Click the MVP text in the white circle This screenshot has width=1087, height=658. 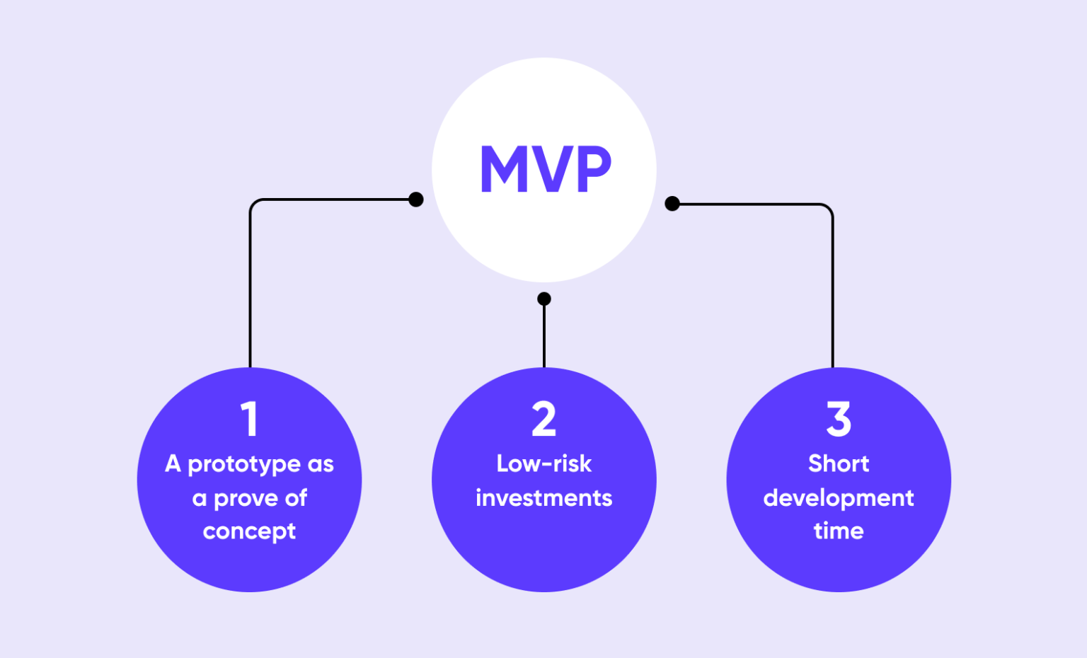point(544,170)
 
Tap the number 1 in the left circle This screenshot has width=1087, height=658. point(249,419)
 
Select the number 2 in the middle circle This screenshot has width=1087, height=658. point(543,419)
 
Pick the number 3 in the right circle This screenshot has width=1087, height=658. point(839,419)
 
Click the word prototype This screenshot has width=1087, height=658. point(244,465)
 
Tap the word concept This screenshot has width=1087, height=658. point(249,532)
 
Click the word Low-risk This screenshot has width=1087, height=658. point(543,463)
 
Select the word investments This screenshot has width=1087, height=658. point(543,498)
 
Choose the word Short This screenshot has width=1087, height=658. point(839,463)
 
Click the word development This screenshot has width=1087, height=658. point(839,499)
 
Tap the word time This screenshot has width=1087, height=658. point(839,531)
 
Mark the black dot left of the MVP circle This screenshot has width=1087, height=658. point(416,200)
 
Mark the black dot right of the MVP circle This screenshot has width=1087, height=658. point(672,204)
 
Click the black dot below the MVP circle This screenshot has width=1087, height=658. point(543,299)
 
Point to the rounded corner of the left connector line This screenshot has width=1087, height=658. point(254,204)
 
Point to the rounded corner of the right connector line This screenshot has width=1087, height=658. point(828,209)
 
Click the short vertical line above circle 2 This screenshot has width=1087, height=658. point(543,336)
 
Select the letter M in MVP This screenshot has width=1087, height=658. point(505,170)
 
